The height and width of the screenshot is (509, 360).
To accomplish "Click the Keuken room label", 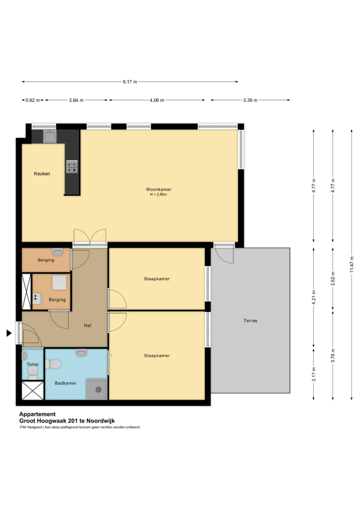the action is [x=42, y=174].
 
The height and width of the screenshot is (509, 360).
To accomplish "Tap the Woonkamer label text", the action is [x=158, y=189].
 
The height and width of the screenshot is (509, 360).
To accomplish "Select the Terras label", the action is [x=250, y=320].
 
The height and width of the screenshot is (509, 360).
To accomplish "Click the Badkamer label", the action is [x=66, y=383].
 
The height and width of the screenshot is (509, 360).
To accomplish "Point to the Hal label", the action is [x=88, y=325].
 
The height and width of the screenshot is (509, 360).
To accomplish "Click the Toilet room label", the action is [x=33, y=364].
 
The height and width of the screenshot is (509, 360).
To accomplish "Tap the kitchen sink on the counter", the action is [x=50, y=137].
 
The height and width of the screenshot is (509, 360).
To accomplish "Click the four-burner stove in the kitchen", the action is [x=72, y=166].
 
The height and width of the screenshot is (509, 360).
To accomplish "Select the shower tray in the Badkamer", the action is [x=97, y=389].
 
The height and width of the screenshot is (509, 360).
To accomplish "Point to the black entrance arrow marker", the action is [x=9, y=333].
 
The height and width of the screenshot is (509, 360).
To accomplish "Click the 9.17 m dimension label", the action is [x=130, y=82].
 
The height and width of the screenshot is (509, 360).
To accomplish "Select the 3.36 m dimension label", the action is [x=250, y=100].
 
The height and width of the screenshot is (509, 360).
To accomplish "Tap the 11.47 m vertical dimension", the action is [x=351, y=265].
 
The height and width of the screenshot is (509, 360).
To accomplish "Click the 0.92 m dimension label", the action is [x=33, y=100].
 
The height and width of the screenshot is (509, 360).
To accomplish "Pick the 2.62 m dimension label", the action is [x=333, y=278].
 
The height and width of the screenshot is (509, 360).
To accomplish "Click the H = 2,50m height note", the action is [x=158, y=194].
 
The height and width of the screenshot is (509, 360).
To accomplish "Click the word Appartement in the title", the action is [x=37, y=414].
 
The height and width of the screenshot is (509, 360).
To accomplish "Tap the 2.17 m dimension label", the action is [x=314, y=374].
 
